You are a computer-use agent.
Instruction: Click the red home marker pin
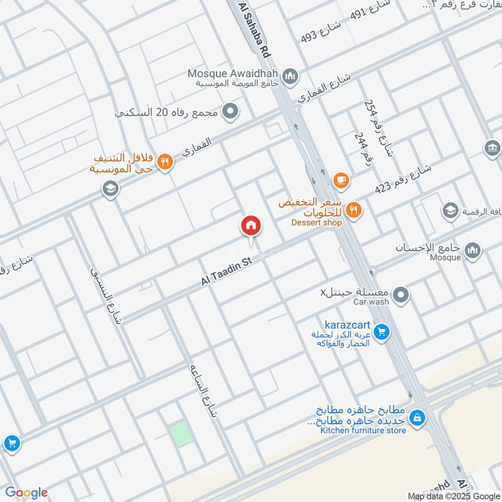250,225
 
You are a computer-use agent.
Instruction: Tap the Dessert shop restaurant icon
354,210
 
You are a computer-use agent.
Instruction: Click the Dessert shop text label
316,222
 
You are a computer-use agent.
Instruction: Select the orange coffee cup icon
341,181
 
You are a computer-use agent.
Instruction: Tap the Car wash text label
371,302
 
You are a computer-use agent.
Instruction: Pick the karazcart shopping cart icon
382,331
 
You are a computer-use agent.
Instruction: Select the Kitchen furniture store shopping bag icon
417,416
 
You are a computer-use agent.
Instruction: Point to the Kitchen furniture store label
363,430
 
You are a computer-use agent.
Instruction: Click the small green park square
180,434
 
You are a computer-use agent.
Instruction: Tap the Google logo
26,493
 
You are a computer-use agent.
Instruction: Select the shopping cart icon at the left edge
11,444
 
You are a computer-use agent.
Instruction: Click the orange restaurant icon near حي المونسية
164,161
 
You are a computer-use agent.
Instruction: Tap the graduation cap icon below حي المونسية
110,189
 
